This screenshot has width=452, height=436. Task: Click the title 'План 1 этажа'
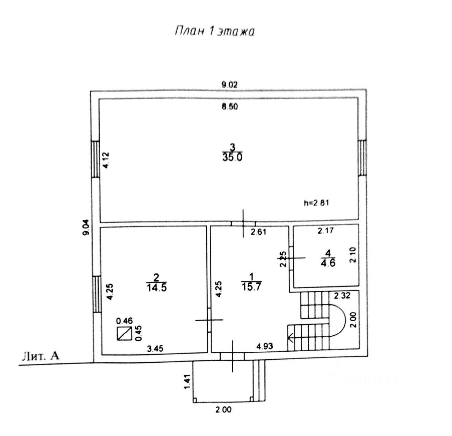tap(214, 32)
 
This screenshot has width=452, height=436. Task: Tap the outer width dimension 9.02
tap(229, 85)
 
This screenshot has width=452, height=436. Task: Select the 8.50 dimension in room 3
tap(229, 107)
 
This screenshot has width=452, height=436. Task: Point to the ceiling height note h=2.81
tap(316, 203)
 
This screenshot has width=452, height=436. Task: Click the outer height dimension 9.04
tap(87, 228)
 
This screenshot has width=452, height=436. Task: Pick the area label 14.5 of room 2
tap(156, 288)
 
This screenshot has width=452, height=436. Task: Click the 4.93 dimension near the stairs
tap(265, 346)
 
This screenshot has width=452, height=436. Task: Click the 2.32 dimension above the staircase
tap(342, 295)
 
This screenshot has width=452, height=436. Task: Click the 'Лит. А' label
tap(41, 356)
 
